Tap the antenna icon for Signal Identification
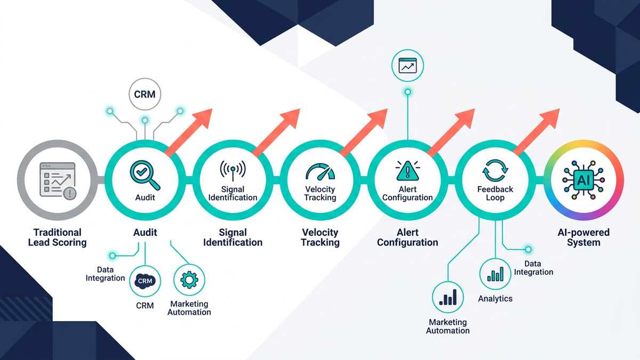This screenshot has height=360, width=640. [233, 170]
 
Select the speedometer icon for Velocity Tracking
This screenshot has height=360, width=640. [320, 171]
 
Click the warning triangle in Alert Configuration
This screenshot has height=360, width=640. [407, 171]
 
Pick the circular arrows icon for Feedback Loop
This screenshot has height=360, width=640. [495, 171]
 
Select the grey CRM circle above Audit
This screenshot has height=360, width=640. [145, 94]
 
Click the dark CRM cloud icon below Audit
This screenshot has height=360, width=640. [145, 281]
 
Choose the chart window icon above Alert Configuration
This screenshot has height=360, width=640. [407, 66]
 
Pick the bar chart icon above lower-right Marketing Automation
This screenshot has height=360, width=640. [448, 298]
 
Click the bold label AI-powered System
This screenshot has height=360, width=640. [583, 237]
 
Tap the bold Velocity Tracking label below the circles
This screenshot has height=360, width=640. [320, 237]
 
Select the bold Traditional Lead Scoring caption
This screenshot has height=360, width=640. [57, 237]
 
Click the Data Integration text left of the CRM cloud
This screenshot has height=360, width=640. [105, 274]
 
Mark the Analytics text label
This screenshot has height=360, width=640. [495, 299]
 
